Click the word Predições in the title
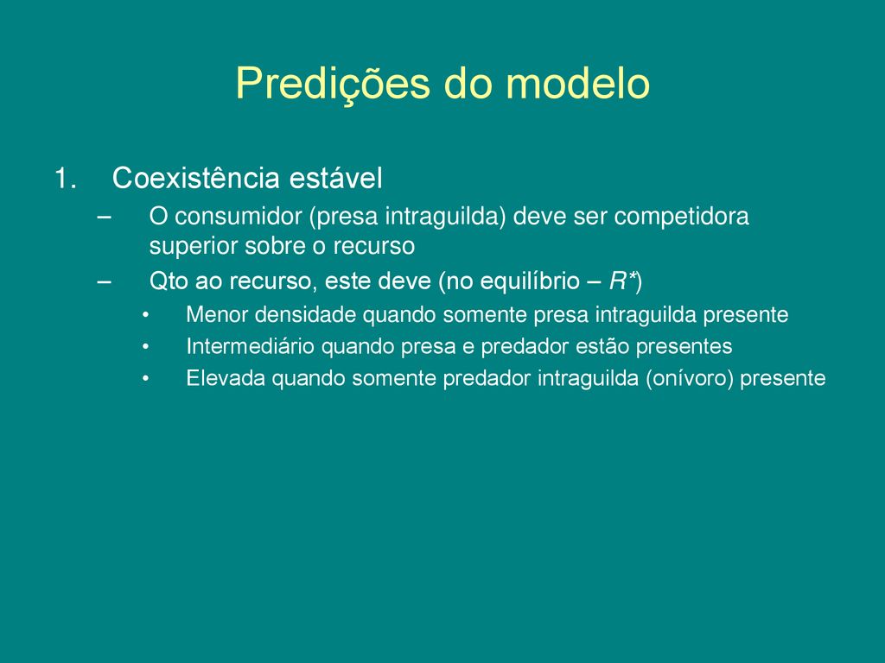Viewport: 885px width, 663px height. point(333,85)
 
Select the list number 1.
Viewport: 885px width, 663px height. point(66,178)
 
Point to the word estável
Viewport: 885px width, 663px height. point(336,178)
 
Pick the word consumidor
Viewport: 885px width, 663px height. point(239,217)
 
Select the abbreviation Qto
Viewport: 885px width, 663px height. point(169,281)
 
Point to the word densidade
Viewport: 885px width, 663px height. point(305,314)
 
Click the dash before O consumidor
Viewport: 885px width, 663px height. point(104,218)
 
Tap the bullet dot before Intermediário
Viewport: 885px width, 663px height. point(145,347)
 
